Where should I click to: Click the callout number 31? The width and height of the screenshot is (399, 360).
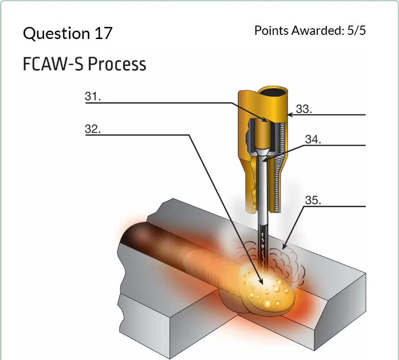point(93,97)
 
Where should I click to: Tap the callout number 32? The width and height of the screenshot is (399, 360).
point(93,129)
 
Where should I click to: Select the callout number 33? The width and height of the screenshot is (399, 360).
point(304,109)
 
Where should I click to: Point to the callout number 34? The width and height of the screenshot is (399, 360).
point(313,139)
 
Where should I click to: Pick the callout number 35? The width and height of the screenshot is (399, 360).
point(313,200)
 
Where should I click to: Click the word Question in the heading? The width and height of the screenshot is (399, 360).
point(56,33)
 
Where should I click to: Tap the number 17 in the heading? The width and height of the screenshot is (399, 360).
point(104,33)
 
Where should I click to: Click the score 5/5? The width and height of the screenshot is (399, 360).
point(357,30)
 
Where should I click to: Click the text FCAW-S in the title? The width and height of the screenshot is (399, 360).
point(53,64)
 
